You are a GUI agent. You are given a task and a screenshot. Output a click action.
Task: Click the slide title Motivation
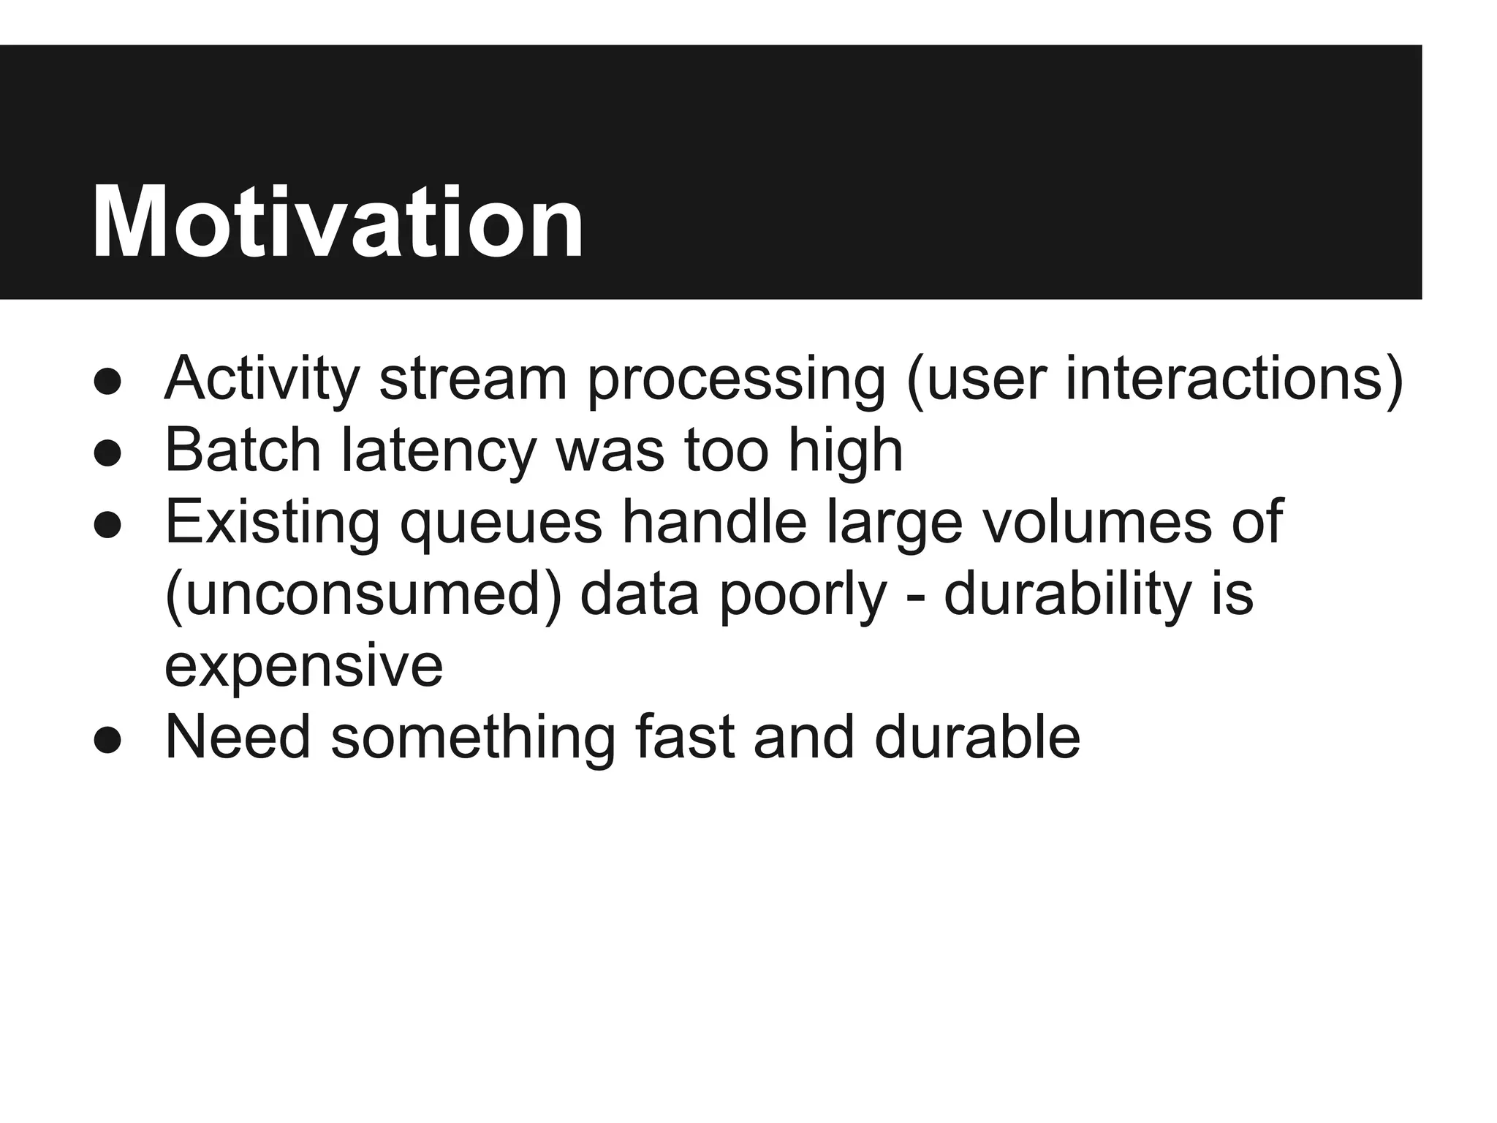[x=338, y=222]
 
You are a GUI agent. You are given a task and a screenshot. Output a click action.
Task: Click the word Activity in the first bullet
[x=262, y=379]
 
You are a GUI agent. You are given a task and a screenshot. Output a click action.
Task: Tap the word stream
[x=473, y=379]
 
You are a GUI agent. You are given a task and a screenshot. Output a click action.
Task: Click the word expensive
[x=303, y=666]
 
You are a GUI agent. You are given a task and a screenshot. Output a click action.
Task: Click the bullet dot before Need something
[x=107, y=740]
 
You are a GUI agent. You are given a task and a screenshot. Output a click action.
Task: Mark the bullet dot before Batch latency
[x=107, y=453]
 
